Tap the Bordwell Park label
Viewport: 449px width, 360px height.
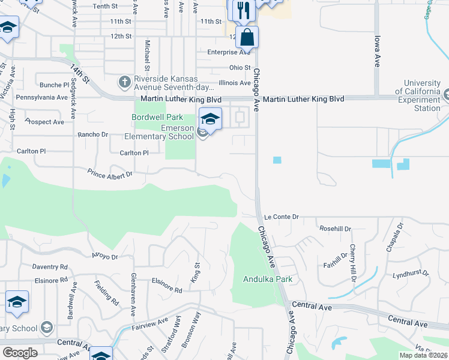point(157,117)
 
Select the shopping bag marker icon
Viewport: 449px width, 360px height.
point(247,38)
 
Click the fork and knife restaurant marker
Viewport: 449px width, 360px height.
point(243,10)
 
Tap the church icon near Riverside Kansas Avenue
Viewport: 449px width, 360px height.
point(124,81)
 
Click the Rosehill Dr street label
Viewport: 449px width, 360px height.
point(335,229)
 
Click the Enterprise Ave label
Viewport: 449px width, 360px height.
point(229,52)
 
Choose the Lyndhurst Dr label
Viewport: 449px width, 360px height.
point(411,273)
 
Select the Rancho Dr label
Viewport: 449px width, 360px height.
point(93,134)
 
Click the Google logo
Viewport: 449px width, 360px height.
point(20,353)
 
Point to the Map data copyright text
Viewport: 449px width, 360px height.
point(424,355)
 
